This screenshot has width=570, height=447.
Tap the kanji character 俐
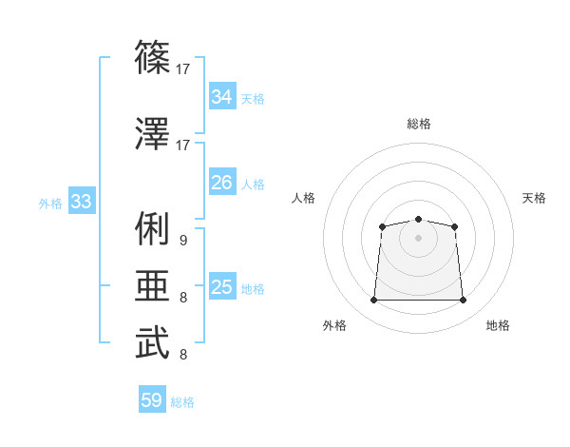point(152,227)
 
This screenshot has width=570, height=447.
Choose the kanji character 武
point(152,342)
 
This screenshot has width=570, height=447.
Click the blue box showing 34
point(221,97)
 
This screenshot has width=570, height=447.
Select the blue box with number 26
point(221,183)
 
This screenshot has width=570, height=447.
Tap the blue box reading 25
point(221,287)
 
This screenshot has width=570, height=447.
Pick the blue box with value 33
point(81,202)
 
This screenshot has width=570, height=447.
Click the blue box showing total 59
point(151,400)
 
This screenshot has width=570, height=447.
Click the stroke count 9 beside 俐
point(182,241)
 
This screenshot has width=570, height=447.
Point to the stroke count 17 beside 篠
point(183,68)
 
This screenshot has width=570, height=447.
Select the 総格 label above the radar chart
point(418,124)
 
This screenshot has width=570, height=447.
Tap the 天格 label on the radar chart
point(535,198)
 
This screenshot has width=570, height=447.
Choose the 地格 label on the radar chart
point(498,326)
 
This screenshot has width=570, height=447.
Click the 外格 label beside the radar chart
point(334,326)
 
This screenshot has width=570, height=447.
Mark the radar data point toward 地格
point(463,301)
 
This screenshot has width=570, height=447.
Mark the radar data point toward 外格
point(373,301)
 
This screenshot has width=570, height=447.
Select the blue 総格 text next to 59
point(182,402)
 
